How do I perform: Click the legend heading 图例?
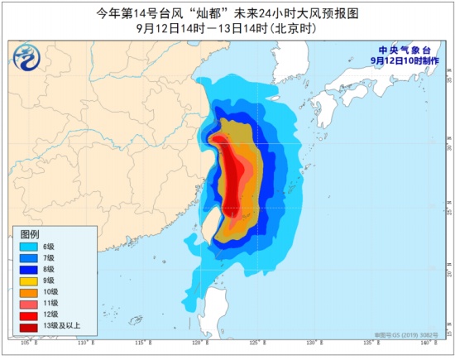30,235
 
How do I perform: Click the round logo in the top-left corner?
27,58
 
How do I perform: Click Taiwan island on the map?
210,221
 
